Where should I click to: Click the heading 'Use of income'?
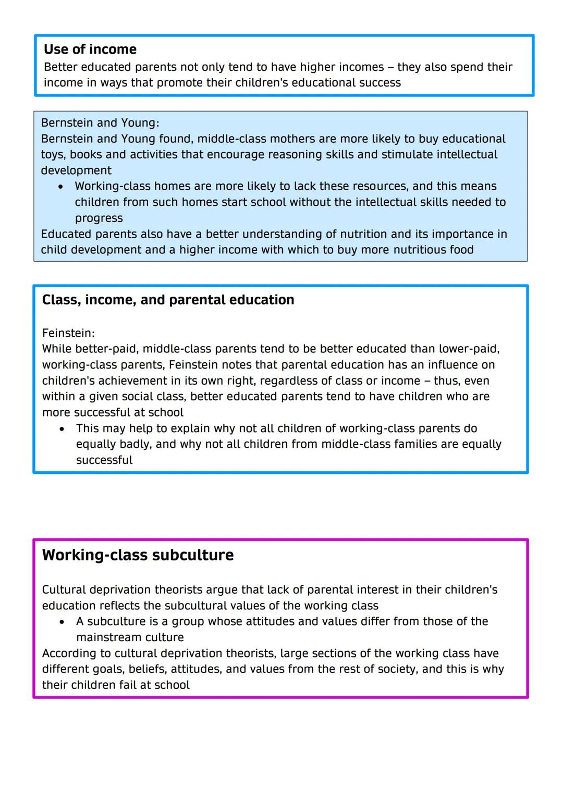click(x=90, y=50)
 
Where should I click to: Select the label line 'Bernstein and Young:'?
click(x=100, y=123)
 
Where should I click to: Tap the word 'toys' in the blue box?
click(x=53, y=155)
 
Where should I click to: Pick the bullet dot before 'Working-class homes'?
click(x=61, y=187)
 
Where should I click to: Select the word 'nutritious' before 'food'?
click(x=420, y=250)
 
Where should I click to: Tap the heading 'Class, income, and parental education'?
click(x=168, y=300)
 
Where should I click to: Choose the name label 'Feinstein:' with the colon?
click(x=68, y=333)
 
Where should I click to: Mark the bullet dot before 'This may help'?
click(x=62, y=429)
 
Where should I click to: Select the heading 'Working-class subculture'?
click(x=138, y=555)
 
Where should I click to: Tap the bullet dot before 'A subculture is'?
click(x=62, y=622)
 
